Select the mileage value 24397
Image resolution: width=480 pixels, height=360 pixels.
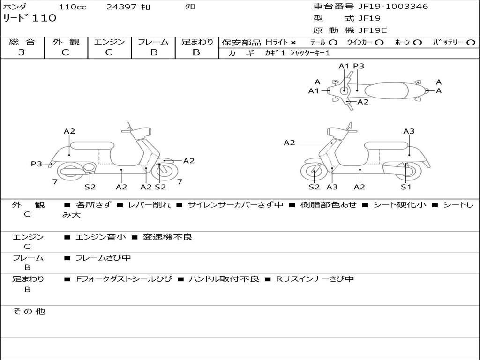121,7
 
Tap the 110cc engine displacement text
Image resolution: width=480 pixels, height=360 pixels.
72,7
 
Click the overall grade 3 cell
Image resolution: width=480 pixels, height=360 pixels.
22,52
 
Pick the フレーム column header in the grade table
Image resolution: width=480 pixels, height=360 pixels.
153,42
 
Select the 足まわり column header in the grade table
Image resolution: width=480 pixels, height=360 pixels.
197,42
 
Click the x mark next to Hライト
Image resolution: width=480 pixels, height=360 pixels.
293,42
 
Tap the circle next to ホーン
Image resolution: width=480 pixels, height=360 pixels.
417,42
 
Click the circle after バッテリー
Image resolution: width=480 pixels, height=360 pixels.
471,42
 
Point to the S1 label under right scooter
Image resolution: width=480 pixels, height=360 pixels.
406,187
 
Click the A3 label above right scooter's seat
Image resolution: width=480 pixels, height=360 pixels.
409,131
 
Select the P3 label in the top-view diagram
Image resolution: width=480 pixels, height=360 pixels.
359,66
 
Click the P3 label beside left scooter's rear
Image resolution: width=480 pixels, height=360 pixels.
37,164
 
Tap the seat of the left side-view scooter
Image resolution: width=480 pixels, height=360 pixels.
92,145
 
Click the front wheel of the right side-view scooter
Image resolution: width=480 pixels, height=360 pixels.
314,172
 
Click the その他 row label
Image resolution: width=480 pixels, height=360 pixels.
29,311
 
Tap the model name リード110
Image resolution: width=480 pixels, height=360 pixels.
30,18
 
